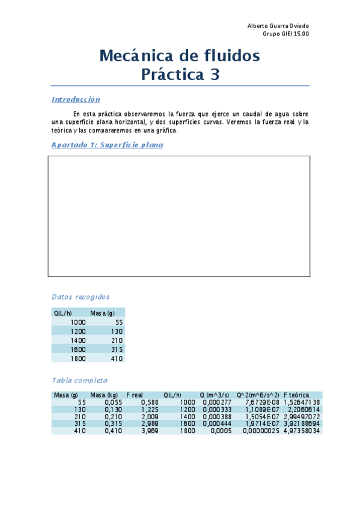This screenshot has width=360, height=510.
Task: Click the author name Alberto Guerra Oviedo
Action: click(278, 26)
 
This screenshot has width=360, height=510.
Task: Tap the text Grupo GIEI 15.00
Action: click(286, 34)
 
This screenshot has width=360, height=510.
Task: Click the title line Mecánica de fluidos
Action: click(179, 56)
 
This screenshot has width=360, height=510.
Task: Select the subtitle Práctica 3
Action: click(180, 75)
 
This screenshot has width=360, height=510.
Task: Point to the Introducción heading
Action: click(76, 99)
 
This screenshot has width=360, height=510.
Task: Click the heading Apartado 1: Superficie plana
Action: click(107, 144)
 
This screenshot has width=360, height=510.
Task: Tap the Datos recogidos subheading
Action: click(81, 296)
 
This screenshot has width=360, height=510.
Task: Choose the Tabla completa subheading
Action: click(80, 380)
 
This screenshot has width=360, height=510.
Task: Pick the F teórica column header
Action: click(296, 395)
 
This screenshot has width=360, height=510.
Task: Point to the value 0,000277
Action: click(217, 402)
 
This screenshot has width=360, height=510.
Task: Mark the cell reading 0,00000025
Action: click(261, 431)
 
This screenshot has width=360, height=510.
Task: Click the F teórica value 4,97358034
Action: click(302, 431)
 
